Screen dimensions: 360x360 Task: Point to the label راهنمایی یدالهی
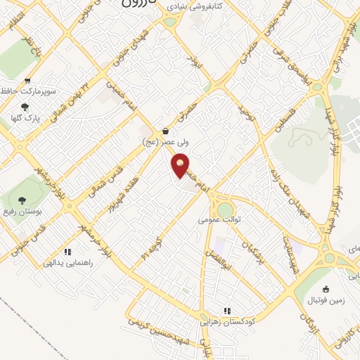pyautogui.click(x=68, y=263)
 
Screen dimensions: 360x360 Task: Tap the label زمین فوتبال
pyautogui.click(x=326, y=300)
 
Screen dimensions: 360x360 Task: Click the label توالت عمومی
pyautogui.click(x=219, y=220)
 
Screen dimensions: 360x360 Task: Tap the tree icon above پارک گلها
pyautogui.click(x=25, y=107)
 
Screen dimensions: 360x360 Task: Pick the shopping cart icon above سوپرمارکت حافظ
pyautogui.click(x=27, y=81)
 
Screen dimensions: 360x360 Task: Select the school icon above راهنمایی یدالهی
pyautogui.click(x=67, y=252)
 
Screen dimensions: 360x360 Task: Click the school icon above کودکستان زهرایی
pyautogui.click(x=226, y=311)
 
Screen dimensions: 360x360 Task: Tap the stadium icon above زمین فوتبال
pyautogui.click(x=326, y=289)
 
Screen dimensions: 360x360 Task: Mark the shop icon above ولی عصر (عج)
pyautogui.click(x=165, y=131)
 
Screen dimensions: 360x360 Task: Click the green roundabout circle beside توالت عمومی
pyautogui.click(x=225, y=210)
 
